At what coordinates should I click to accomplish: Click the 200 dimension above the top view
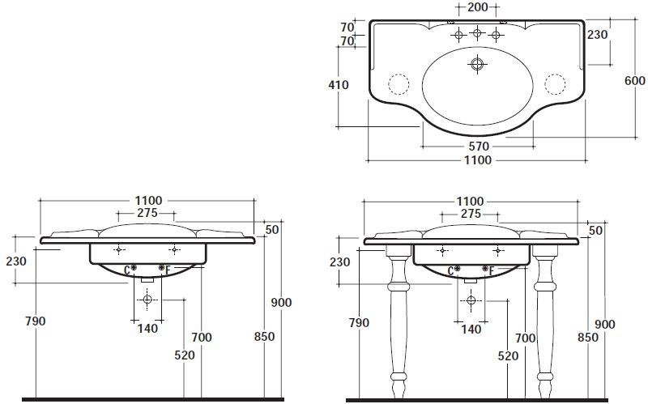click(477, 7)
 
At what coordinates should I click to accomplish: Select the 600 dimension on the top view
click(635, 80)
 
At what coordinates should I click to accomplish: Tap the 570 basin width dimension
click(479, 147)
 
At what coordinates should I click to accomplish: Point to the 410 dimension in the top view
click(339, 85)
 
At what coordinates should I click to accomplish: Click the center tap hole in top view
click(477, 32)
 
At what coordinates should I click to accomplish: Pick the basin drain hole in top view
click(477, 64)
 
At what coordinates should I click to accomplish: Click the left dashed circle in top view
click(399, 84)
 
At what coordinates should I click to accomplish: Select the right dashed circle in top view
click(555, 84)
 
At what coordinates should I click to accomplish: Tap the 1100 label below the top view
click(478, 160)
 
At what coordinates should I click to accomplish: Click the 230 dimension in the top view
click(598, 35)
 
